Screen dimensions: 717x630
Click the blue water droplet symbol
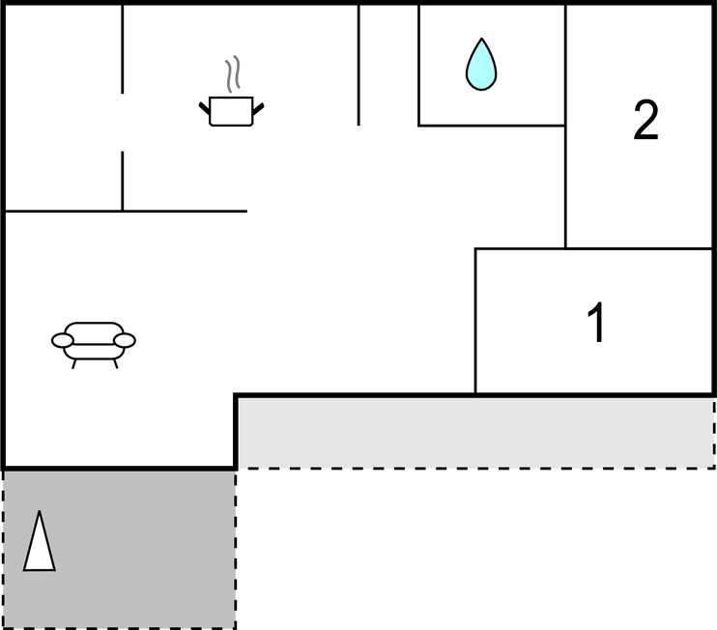481,65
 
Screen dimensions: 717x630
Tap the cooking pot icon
231,111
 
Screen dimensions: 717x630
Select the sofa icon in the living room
94,345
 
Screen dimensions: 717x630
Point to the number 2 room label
646,120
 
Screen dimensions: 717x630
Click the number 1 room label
596,323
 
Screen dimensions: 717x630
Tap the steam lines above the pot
233,74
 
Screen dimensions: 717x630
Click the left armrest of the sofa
63,340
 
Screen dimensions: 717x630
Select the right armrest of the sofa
125,340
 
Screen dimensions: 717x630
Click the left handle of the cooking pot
205,109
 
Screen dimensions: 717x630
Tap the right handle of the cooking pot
258,109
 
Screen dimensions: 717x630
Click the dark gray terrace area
120,549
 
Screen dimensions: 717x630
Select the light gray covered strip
475,433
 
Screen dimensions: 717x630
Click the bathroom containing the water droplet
492,65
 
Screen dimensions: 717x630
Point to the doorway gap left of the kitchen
122,123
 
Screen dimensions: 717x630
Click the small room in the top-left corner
63,108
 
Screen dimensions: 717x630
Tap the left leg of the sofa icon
74,363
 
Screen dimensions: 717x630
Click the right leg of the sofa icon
116,363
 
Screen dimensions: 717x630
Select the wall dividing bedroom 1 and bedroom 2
640,248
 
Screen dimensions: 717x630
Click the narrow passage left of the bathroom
388,65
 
